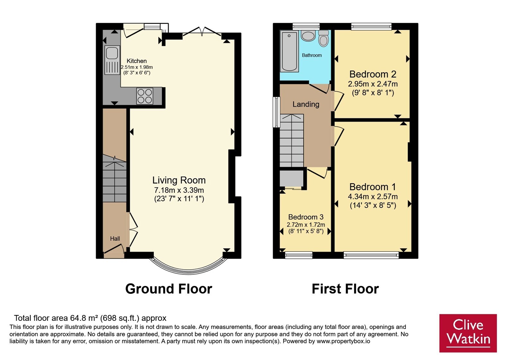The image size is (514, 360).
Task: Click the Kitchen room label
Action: pos(137,61)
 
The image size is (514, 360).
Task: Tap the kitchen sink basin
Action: pos(112,53)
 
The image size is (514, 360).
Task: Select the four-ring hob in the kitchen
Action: pos(145,96)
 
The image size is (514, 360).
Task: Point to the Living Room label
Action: pos(179,180)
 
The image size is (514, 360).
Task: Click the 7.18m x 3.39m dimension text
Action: pos(179,190)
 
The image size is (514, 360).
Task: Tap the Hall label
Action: pos(115,239)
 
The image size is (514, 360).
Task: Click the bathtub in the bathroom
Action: pos(289,51)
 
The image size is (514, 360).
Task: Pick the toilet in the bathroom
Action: pos(323,38)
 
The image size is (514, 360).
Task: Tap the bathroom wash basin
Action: pos(308,36)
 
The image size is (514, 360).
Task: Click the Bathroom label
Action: pos(312,55)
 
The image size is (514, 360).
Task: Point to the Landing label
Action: pos(306,104)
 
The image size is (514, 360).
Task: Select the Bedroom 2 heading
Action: pos(373,74)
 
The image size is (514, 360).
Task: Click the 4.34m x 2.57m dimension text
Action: pos(373,196)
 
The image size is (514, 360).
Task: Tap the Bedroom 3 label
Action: pos(306,217)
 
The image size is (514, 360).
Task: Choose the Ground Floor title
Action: pos(169,289)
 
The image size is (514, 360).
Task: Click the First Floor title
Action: pos(345,289)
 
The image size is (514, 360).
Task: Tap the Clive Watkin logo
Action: pos(468,333)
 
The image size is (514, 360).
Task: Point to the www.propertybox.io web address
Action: pos(343,341)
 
